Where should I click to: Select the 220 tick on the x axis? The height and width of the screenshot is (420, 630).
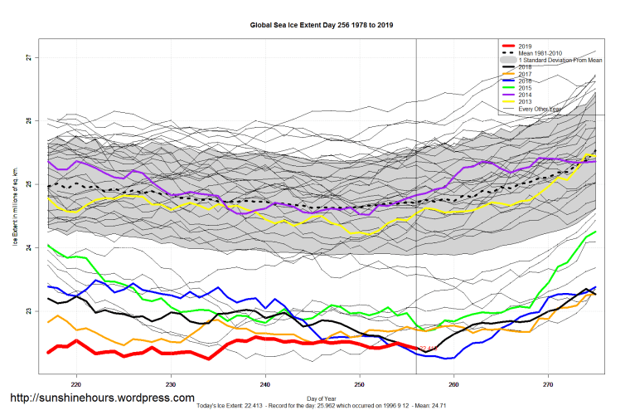[76, 384]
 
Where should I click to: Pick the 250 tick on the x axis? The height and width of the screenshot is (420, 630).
[359, 384]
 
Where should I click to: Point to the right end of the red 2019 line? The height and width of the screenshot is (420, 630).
[417, 348]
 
